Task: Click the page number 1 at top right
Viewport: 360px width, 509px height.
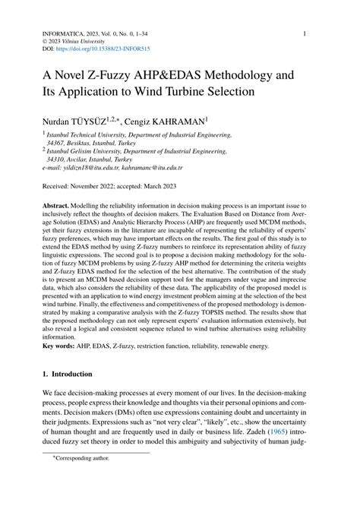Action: click(x=304, y=34)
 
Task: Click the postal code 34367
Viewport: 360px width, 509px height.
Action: click(x=55, y=142)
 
